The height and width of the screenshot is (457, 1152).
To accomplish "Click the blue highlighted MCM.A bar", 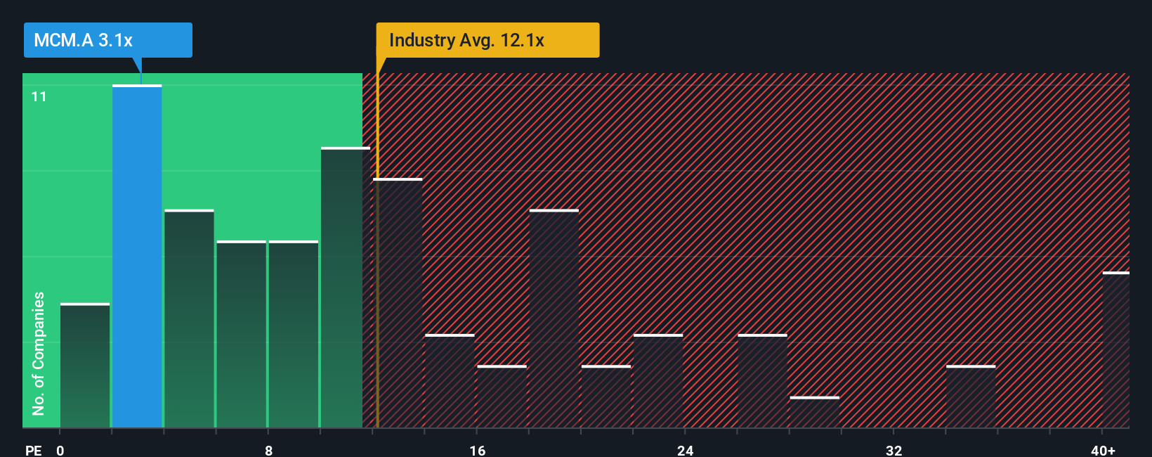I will tap(137, 257).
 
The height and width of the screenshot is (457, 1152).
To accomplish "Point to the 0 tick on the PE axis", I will tap(60, 450).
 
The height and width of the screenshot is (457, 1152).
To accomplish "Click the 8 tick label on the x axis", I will tap(268, 450).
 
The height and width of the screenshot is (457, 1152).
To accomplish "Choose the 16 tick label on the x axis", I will tap(477, 450).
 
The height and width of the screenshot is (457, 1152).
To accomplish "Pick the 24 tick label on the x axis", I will tap(685, 450).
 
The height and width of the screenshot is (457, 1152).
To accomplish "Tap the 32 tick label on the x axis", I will tap(894, 450).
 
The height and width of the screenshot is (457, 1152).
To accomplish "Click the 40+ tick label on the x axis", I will tap(1103, 450).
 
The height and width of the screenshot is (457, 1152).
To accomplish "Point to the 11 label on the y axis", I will tap(39, 96).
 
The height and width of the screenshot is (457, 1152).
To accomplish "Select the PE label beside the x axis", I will tap(33, 450).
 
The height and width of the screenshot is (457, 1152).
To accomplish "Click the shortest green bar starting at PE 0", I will tap(85, 366).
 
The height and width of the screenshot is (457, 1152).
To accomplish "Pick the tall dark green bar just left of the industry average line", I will tap(345, 288).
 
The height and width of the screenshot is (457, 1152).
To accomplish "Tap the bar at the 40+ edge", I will tap(1115, 350).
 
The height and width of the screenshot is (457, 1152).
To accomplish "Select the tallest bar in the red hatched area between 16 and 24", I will tap(554, 318).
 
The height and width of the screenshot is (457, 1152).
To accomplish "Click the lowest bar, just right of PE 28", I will tap(814, 413).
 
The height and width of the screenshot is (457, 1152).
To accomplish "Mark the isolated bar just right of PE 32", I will tap(971, 397).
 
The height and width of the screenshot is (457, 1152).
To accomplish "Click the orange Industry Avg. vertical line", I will tap(377, 281).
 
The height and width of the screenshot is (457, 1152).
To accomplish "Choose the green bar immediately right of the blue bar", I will tap(189, 318).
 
